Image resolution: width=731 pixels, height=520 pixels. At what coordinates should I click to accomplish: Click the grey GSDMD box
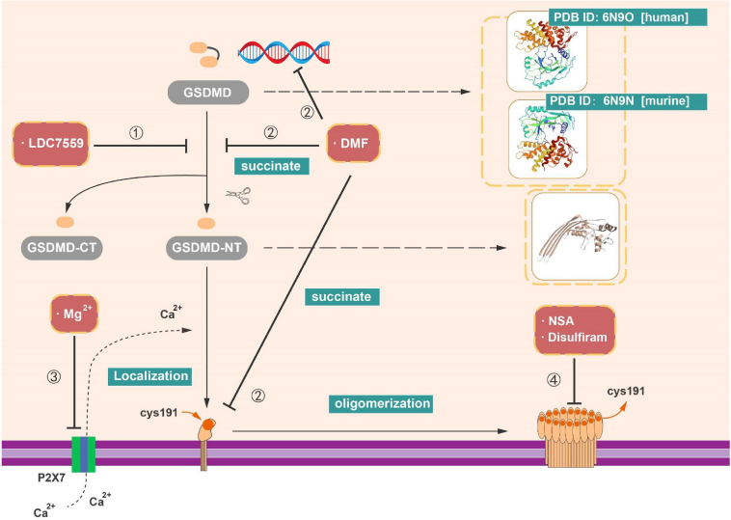click(x=207, y=94)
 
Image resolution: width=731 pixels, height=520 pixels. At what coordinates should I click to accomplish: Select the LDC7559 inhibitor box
click(x=60, y=145)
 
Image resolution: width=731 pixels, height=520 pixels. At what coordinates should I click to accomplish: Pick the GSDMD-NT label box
click(x=207, y=248)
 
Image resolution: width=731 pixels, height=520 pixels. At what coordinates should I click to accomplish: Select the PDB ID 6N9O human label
click(x=612, y=18)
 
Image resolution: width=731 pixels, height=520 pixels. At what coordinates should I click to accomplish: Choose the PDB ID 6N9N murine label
click(x=614, y=100)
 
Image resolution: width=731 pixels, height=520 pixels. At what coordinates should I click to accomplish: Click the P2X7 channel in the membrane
click(x=83, y=453)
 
